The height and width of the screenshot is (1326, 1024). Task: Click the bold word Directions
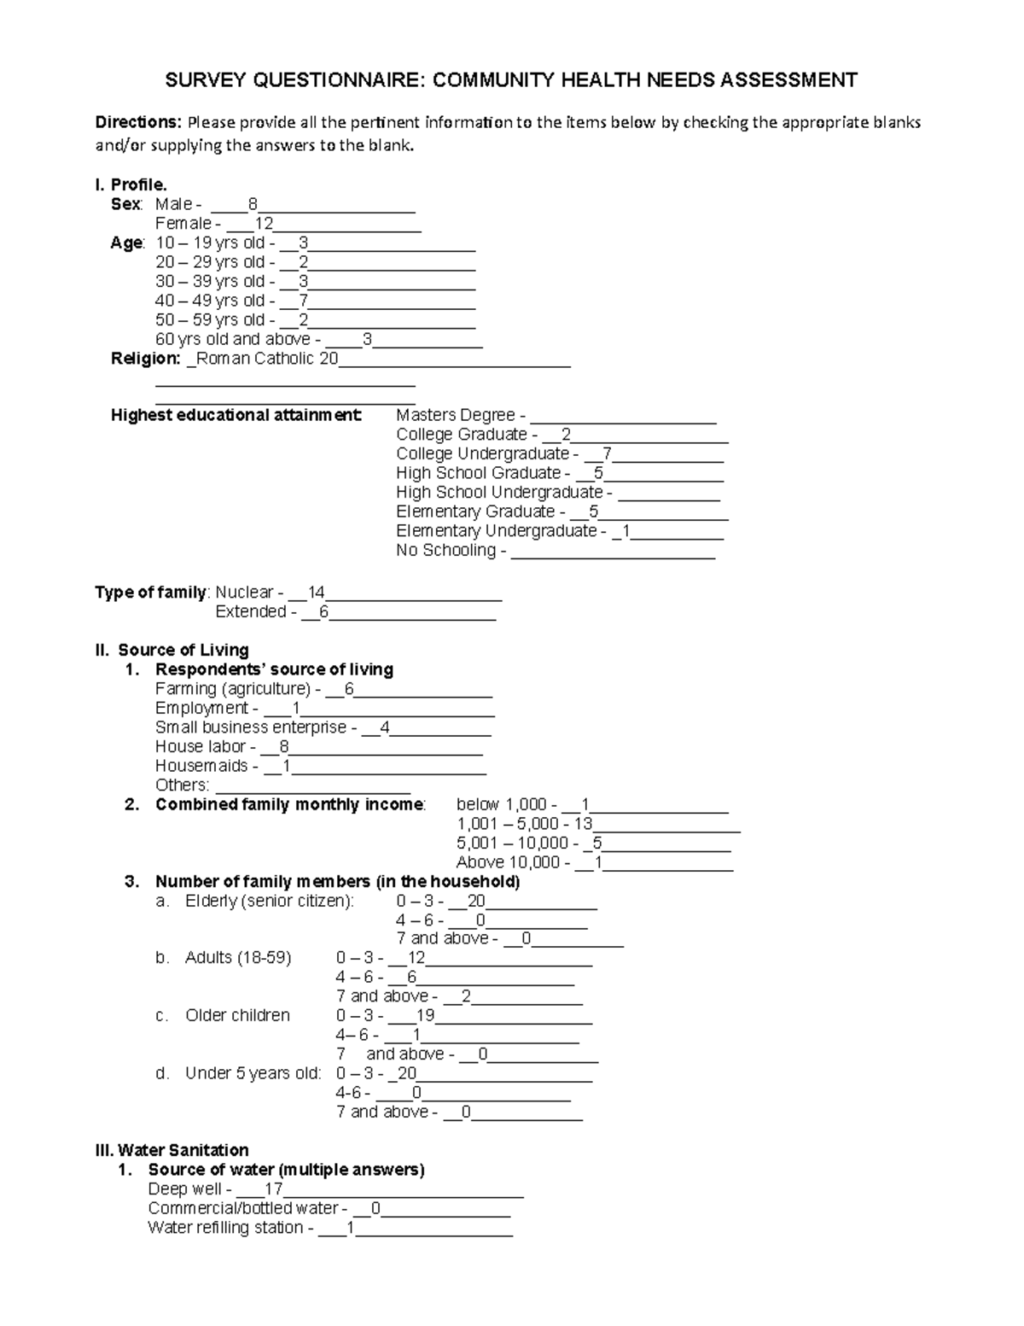137,122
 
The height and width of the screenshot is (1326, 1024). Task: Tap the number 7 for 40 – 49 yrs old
304,301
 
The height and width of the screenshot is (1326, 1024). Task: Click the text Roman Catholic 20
267,359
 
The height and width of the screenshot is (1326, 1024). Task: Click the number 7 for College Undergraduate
607,454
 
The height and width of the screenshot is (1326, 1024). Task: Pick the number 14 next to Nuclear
317,593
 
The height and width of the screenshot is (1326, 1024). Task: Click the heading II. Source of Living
172,651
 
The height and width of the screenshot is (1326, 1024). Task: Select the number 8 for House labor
284,747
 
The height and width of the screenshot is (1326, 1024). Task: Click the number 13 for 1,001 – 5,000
583,824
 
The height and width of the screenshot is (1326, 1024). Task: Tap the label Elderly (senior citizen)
269,902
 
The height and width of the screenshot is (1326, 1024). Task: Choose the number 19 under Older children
426,1016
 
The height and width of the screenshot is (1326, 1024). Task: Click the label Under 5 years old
253,1074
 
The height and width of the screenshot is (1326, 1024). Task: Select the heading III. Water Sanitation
172,1150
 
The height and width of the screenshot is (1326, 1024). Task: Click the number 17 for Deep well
274,1189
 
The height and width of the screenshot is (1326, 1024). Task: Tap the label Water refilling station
225,1228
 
